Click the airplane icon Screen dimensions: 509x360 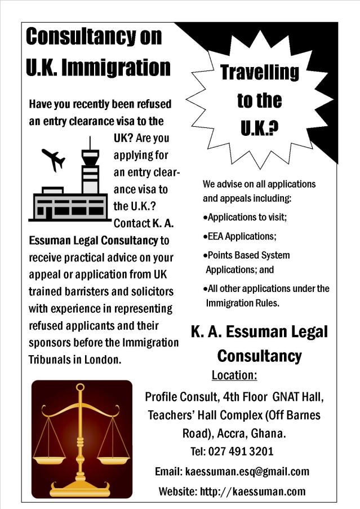[54, 160]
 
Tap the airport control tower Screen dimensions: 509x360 [90, 166]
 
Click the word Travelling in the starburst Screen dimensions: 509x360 [259, 72]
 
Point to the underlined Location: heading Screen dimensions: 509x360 [234, 375]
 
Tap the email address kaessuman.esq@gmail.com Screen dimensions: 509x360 [247, 471]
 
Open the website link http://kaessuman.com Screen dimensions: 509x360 [252, 491]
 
